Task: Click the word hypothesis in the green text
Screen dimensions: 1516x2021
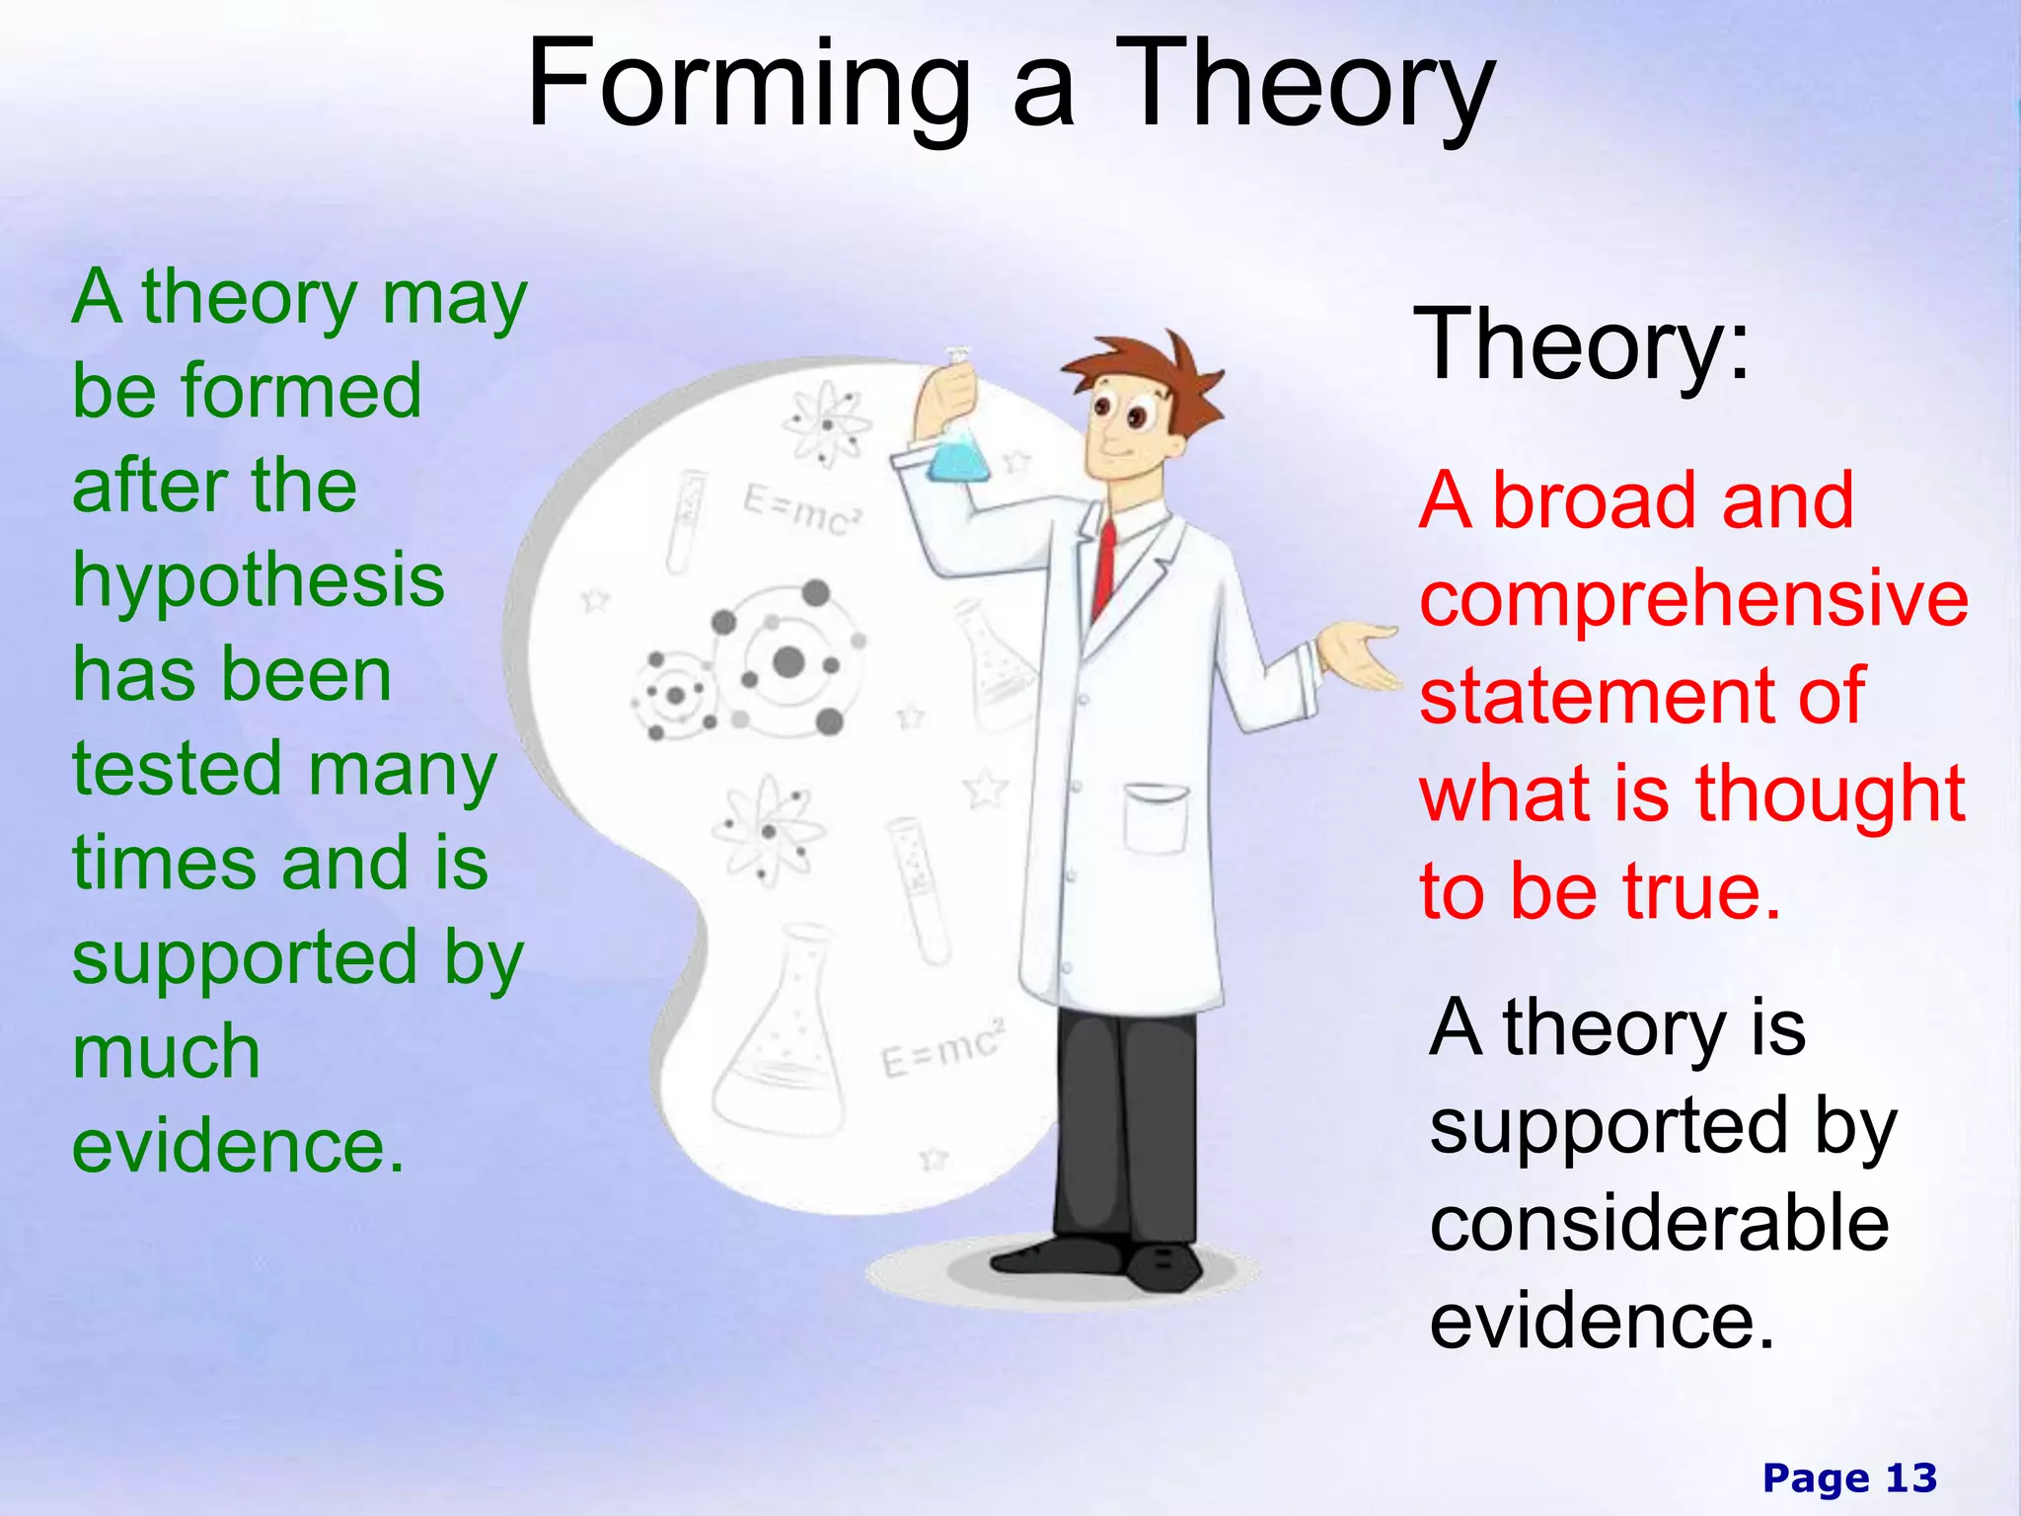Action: (259, 582)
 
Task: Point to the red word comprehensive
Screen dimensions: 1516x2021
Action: (1693, 599)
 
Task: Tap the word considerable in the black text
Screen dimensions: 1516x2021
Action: (1659, 1224)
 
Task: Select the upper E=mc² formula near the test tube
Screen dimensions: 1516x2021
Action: (802, 511)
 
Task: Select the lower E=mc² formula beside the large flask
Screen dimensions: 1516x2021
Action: (942, 1048)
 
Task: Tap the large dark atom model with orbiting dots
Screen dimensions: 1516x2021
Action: (789, 659)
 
